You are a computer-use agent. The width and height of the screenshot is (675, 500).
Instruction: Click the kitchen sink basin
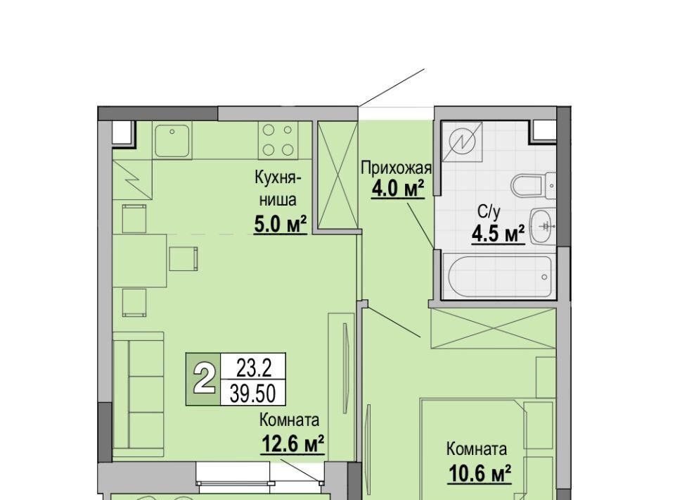(x=173, y=141)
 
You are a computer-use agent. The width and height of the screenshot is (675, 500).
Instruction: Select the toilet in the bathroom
(x=534, y=186)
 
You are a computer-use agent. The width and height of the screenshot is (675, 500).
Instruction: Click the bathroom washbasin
(x=543, y=226)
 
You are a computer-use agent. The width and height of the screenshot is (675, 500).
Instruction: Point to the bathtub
(x=499, y=275)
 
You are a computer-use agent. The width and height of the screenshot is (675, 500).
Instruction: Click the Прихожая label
(x=396, y=168)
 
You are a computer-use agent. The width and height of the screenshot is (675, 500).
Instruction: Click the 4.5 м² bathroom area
(x=498, y=234)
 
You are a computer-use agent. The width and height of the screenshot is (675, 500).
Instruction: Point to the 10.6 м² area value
(x=480, y=474)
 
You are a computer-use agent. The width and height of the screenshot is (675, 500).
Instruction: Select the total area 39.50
(x=253, y=393)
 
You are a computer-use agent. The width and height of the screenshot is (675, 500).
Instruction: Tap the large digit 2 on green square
(x=203, y=380)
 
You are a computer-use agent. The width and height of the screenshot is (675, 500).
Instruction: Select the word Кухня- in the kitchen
(x=278, y=177)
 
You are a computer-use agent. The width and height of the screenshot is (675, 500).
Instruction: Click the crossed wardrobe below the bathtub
(x=494, y=327)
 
